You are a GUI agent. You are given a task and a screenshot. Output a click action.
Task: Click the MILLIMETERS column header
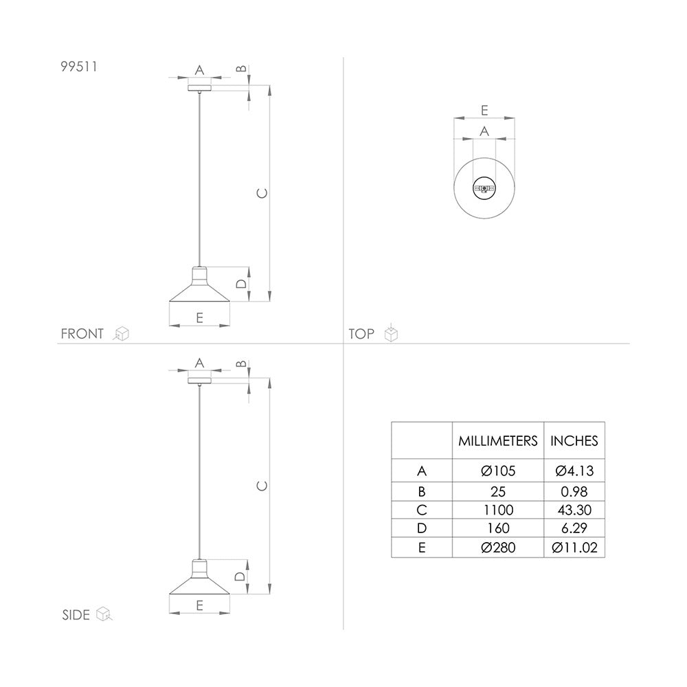point(498,441)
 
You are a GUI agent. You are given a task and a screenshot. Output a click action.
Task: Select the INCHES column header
point(574,441)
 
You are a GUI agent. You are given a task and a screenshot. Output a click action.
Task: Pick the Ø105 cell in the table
point(498,471)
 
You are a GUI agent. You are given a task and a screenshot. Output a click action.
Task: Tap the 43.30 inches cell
point(574,510)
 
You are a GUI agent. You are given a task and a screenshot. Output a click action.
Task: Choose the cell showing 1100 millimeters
point(498,510)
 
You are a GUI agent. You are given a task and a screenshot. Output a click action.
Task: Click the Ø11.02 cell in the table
point(574,548)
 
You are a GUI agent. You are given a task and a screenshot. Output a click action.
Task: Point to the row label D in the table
point(422,528)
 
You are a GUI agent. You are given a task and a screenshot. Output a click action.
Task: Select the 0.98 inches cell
point(574,491)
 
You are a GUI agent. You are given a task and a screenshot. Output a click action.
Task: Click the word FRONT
point(82,334)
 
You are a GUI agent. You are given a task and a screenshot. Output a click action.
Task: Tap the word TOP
point(361,334)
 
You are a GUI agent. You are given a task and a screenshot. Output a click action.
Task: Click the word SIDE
point(76,614)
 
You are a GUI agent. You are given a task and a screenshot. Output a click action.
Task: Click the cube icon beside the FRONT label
point(122,334)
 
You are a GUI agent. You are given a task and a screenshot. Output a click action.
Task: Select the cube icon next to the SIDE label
point(104,613)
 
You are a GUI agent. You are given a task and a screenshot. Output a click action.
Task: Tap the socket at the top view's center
point(484,188)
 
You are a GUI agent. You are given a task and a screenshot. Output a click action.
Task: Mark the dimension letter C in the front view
point(260,193)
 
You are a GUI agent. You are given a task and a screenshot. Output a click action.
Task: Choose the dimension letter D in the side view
point(240,576)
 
